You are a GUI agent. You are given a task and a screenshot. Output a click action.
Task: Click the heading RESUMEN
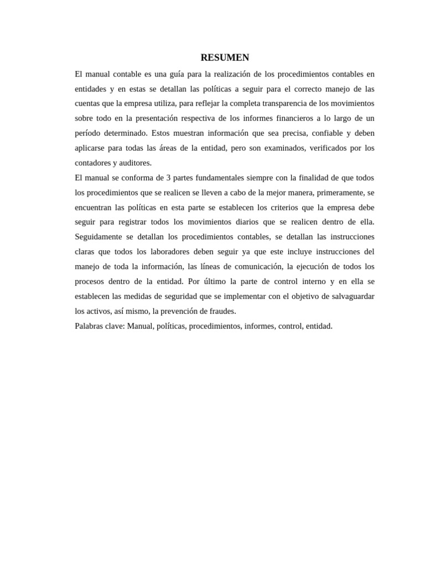(225, 58)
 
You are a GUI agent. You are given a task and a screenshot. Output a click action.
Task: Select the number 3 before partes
(167, 178)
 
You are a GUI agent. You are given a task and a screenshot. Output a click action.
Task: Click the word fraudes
(222, 311)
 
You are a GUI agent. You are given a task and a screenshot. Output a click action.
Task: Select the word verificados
(333, 148)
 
